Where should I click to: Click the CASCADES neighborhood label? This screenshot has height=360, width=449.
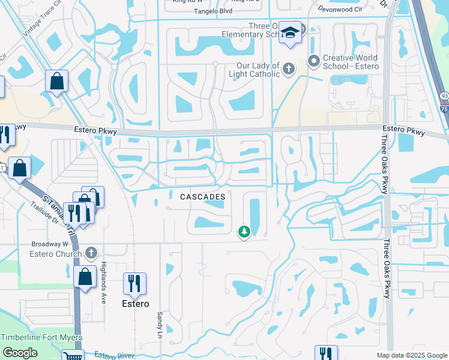point(203,197)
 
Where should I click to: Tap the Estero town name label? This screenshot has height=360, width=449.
point(136,304)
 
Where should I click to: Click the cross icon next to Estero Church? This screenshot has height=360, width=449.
point(91,253)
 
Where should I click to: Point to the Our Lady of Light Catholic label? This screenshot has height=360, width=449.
point(254,70)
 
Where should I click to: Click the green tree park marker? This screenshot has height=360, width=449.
point(244,231)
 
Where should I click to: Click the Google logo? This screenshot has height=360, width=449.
point(20,353)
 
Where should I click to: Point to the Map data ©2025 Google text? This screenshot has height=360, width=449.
point(411,355)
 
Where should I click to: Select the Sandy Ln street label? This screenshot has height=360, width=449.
point(160,323)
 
